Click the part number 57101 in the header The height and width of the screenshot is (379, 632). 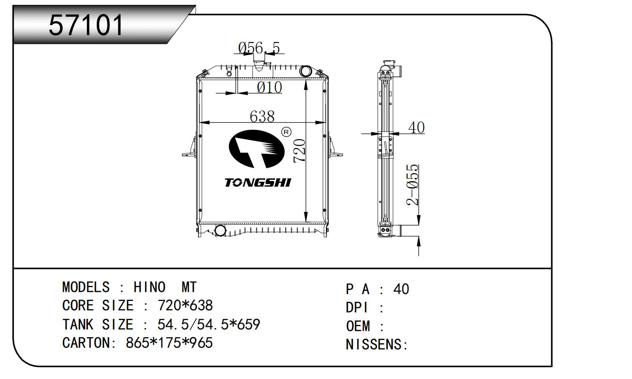[86, 25]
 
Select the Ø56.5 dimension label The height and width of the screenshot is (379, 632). [259, 48]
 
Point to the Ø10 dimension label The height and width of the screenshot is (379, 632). [269, 87]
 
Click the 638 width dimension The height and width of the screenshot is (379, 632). [262, 116]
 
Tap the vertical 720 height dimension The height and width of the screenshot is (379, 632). [300, 151]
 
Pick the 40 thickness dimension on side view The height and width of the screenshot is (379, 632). [416, 127]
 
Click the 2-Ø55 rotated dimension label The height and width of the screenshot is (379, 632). [413, 185]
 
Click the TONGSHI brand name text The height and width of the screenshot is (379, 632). [258, 183]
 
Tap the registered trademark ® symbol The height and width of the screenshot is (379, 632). [286, 132]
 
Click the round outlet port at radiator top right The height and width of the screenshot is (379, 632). [306, 72]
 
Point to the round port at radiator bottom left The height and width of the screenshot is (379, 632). [220, 231]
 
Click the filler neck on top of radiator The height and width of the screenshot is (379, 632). [258, 61]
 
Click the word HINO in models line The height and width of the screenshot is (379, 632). [149, 288]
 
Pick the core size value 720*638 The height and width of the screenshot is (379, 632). [185, 305]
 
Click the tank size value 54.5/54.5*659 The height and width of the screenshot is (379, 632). [208, 325]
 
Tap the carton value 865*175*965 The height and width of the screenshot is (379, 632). [169, 343]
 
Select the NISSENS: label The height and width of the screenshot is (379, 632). [376, 344]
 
